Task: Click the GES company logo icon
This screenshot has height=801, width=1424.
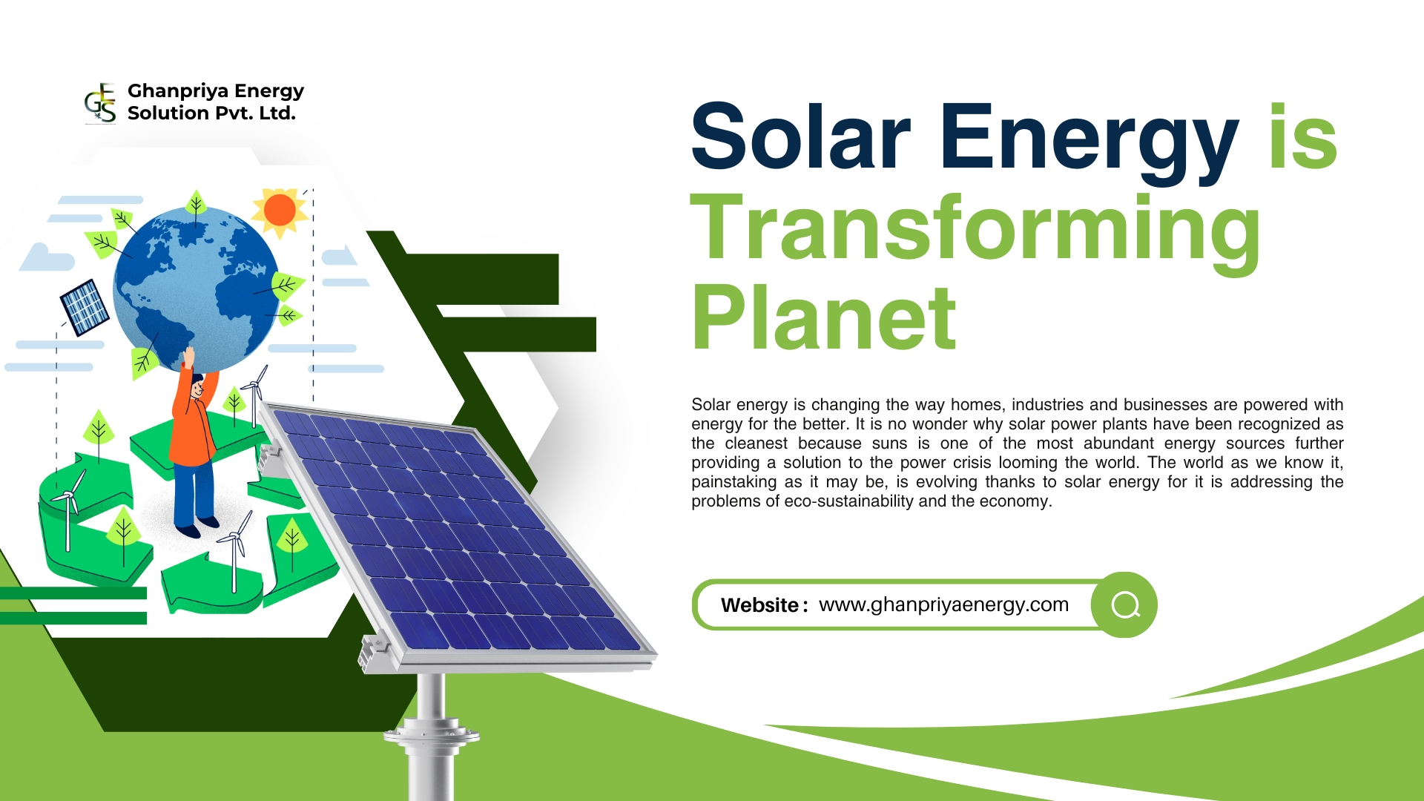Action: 100,103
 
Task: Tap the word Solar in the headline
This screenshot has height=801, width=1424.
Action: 801,137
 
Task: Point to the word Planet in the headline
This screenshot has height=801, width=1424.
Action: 823,319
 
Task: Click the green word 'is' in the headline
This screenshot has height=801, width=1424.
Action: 1302,137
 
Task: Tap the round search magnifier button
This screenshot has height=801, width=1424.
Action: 1124,604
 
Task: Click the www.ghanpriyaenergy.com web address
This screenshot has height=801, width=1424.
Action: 943,604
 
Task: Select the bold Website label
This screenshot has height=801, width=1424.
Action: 759,605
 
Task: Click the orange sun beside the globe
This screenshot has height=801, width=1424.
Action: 280,210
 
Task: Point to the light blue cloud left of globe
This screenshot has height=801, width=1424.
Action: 46,257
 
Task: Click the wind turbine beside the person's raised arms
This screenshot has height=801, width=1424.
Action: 254,393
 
